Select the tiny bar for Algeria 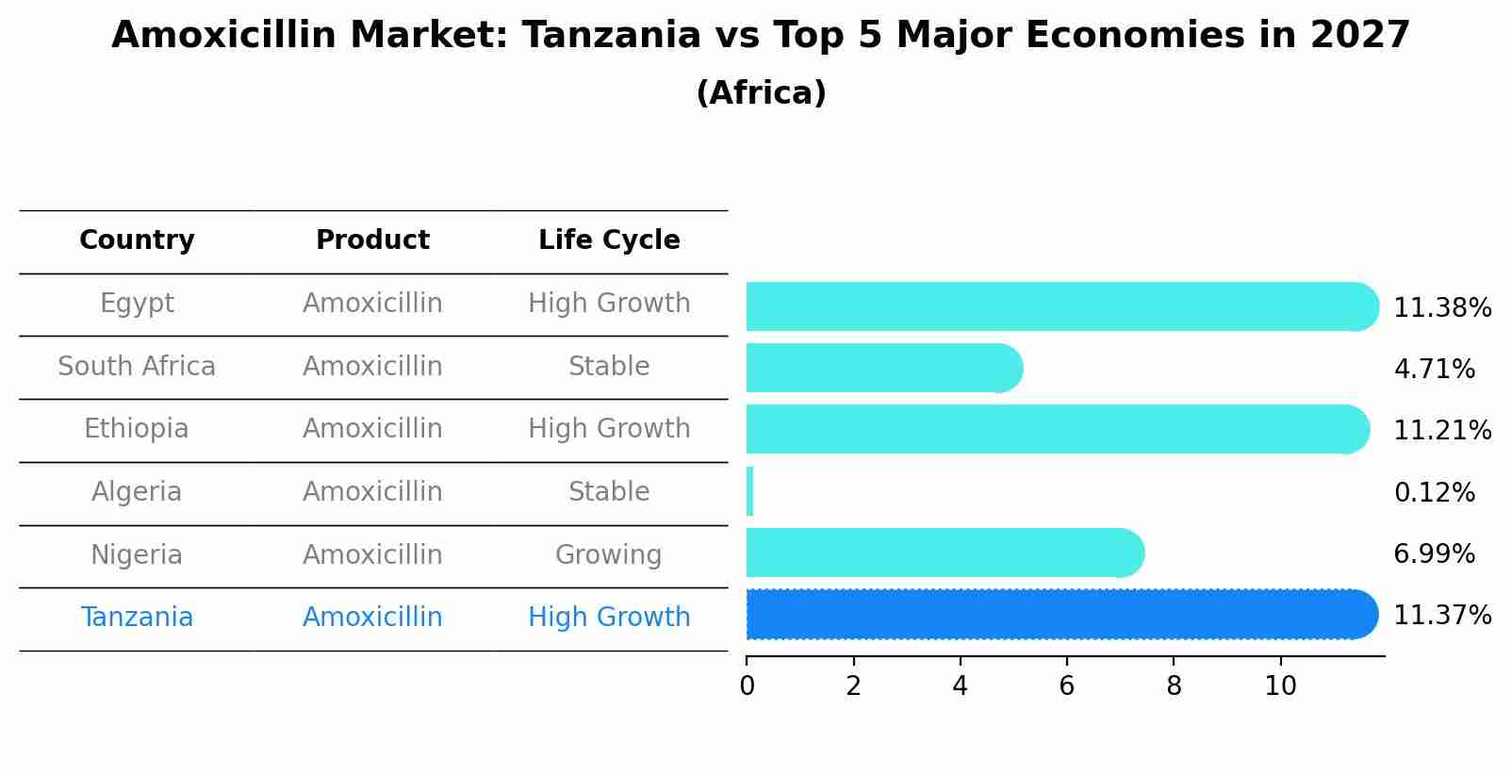[749, 492]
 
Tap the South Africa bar [881, 368]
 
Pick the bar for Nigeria [943, 553]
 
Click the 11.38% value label [1441, 308]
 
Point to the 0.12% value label [1434, 493]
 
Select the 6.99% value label [1434, 554]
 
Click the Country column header [137, 240]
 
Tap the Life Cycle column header [609, 240]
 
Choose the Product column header [372, 240]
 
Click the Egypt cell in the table [137, 304]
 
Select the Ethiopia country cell [137, 429]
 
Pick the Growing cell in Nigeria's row [608, 555]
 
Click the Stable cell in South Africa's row [609, 367]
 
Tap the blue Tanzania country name [137, 618]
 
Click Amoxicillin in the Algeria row [372, 492]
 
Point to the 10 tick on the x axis [1280, 686]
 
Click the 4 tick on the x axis [960, 686]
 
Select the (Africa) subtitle [761, 93]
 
